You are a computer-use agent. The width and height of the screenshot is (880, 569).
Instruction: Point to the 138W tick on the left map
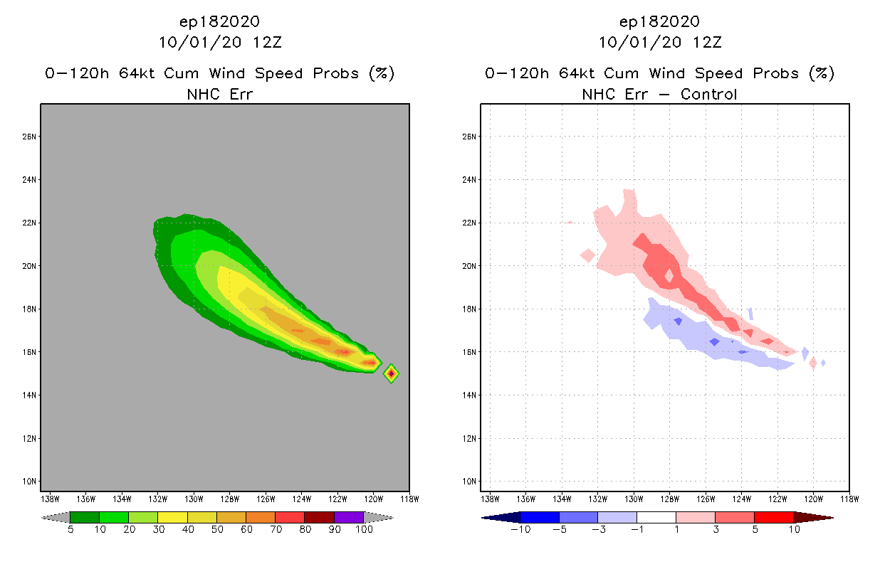tap(50, 499)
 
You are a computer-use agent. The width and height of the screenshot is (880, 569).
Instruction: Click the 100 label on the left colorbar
tap(364, 529)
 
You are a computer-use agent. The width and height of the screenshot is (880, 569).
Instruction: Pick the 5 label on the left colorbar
tap(70, 529)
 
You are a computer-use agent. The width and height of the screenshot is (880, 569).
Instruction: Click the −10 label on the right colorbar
tap(520, 529)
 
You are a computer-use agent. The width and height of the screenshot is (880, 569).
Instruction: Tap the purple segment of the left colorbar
tap(349, 517)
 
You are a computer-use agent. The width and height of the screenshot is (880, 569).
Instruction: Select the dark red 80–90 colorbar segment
tap(319, 517)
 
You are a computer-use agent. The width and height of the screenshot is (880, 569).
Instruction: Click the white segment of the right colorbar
tap(656, 517)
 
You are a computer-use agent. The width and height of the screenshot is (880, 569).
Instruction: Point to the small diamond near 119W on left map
tap(391, 373)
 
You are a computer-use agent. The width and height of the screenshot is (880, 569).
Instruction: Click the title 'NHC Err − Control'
tap(659, 94)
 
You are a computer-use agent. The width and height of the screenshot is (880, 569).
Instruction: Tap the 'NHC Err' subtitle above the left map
tap(220, 94)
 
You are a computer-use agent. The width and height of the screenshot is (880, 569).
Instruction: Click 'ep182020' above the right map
tap(659, 21)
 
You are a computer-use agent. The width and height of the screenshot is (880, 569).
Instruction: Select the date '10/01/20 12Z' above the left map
tap(220, 42)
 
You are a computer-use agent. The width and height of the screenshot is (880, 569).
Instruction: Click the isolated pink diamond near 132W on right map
tap(587, 255)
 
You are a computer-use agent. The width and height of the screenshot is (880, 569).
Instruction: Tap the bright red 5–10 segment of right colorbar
tap(773, 517)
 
